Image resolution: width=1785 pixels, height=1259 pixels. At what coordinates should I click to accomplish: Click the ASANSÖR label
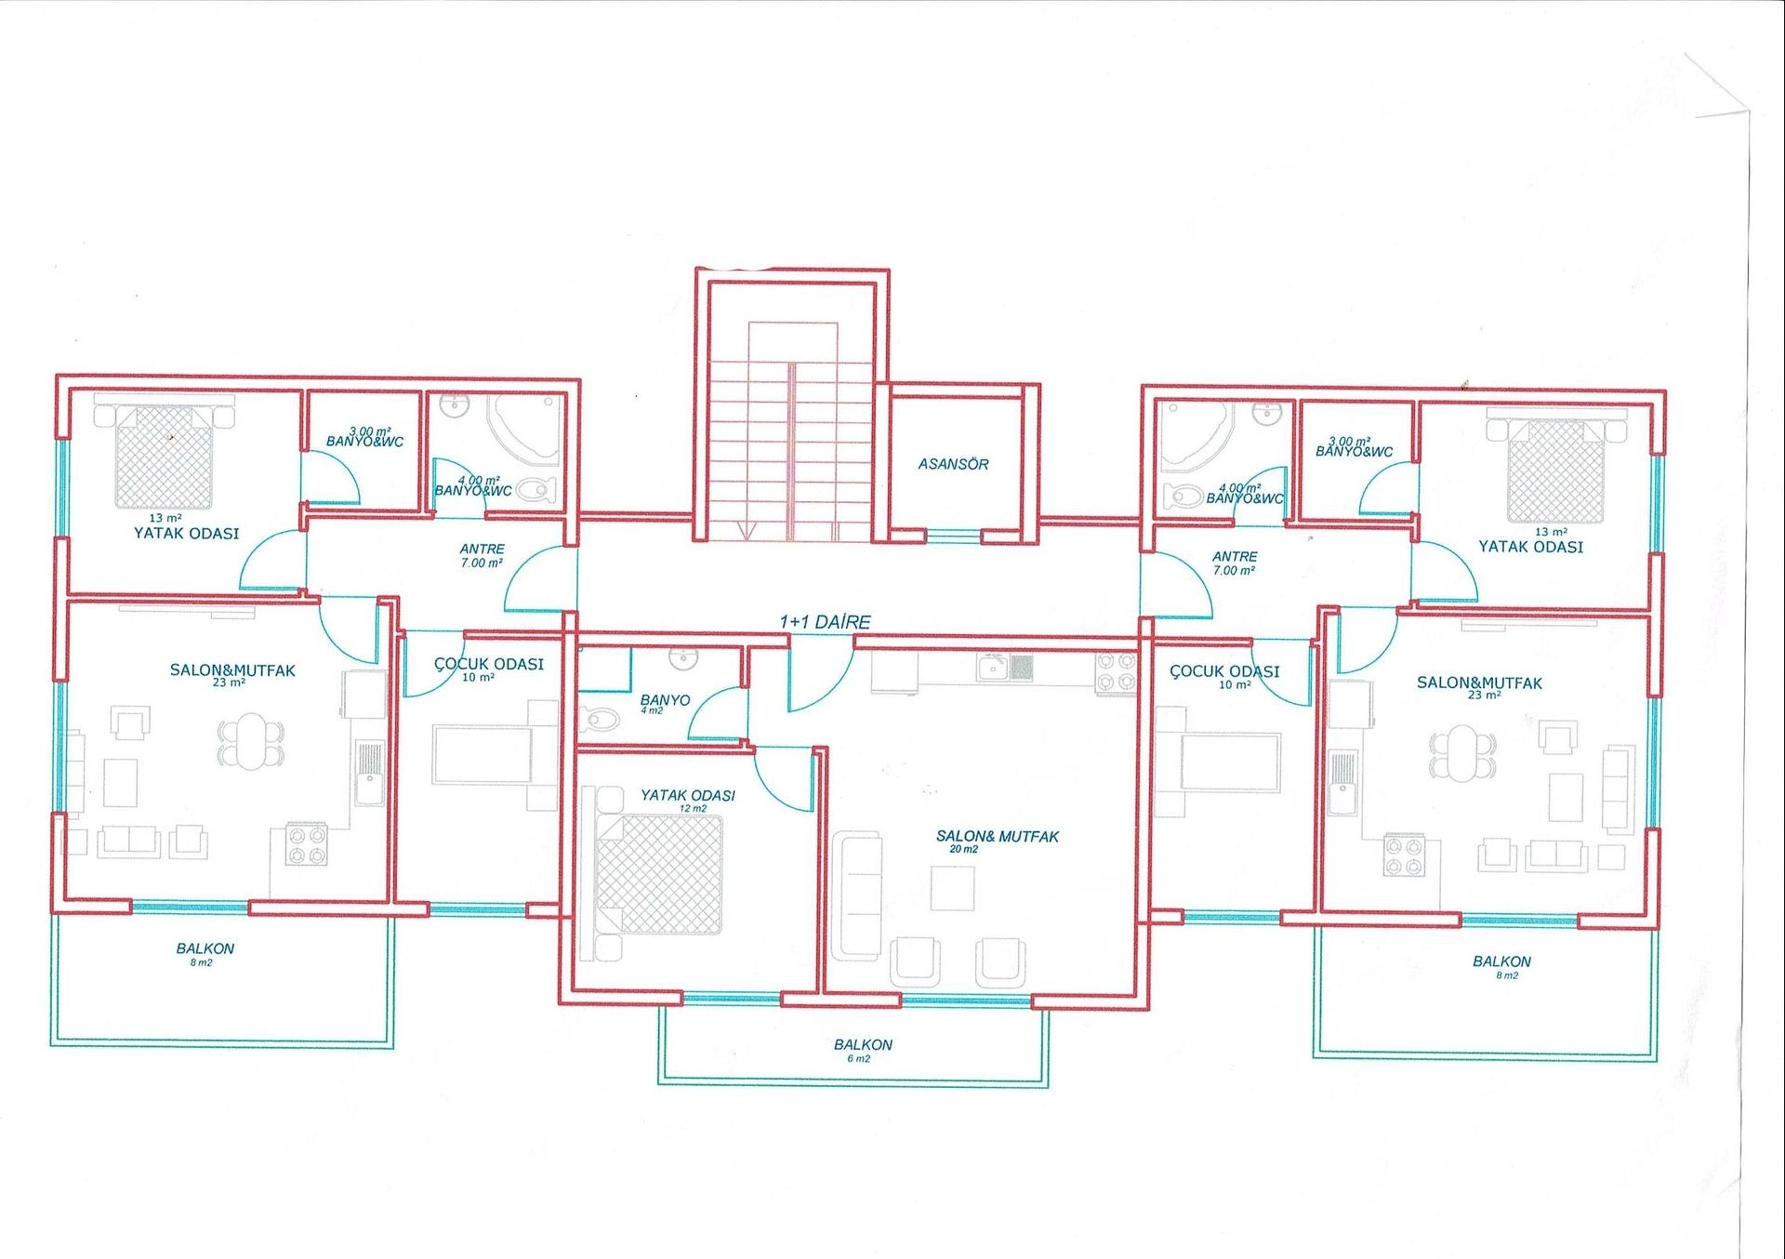tap(953, 463)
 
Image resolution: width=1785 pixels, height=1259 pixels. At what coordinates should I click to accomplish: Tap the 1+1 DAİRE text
tap(825, 622)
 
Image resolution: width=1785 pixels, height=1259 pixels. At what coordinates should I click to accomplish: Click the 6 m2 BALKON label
tap(863, 1051)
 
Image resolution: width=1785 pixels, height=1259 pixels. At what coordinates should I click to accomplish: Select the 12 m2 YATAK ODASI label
tap(687, 801)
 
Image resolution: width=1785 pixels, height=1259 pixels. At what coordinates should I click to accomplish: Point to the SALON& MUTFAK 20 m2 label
tap(997, 842)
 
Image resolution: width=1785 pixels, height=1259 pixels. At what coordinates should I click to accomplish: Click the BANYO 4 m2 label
tap(665, 704)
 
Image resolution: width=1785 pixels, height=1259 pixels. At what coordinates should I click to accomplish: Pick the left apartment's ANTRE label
tap(482, 556)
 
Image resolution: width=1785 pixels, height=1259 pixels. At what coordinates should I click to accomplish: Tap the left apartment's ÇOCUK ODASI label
tap(488, 669)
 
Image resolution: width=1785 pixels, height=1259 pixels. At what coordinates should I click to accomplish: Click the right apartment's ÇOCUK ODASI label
tap(1223, 677)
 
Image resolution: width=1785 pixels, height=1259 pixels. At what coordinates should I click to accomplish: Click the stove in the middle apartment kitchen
tap(1116, 673)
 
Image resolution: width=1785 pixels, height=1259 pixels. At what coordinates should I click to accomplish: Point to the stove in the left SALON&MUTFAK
tap(306, 844)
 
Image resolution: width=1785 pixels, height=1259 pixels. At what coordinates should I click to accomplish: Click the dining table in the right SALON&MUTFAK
tap(1463, 753)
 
